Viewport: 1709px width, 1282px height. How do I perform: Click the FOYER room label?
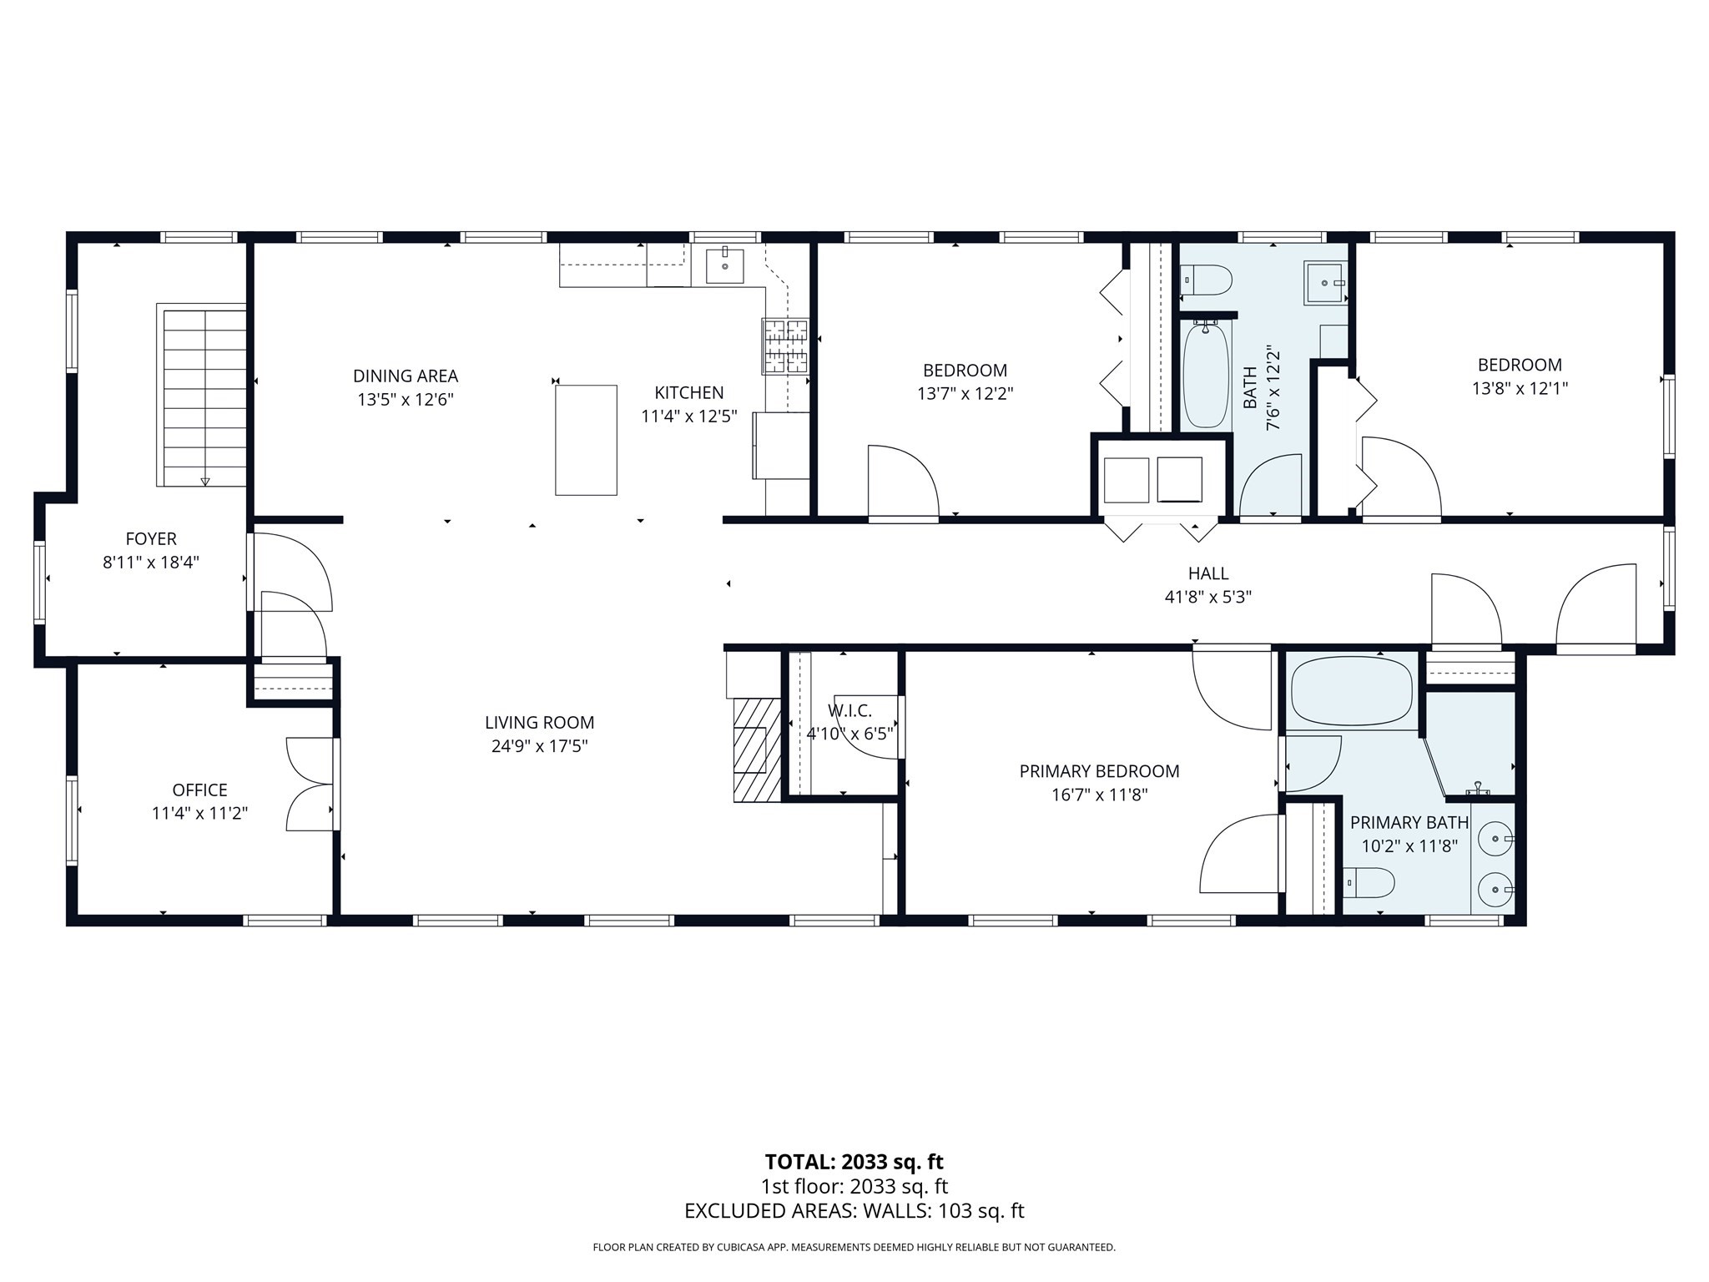click(x=151, y=539)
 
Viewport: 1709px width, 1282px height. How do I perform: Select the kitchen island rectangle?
click(x=586, y=440)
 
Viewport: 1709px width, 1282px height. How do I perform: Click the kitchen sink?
click(x=723, y=265)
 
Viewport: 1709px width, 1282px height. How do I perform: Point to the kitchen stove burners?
click(x=785, y=346)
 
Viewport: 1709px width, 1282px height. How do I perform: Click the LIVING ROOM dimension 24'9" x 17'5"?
click(x=539, y=746)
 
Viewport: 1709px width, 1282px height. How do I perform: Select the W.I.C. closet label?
click(x=849, y=711)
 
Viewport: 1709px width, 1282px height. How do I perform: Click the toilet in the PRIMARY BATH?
click(x=1369, y=882)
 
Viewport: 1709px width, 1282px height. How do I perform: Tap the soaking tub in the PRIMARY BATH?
click(x=1351, y=691)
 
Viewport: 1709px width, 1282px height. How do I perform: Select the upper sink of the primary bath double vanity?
click(x=1495, y=835)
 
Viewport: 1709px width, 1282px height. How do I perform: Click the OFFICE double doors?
click(x=310, y=784)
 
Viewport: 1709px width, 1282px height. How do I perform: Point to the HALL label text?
click(x=1207, y=573)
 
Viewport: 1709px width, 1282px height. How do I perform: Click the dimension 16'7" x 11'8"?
click(x=1099, y=795)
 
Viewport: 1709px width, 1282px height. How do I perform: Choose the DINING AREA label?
click(x=405, y=376)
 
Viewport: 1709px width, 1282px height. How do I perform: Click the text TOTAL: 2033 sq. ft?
click(x=854, y=1162)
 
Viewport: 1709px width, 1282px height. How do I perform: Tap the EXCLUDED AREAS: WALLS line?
click(x=854, y=1211)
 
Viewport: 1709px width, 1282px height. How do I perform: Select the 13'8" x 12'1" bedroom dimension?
click(x=1519, y=388)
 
